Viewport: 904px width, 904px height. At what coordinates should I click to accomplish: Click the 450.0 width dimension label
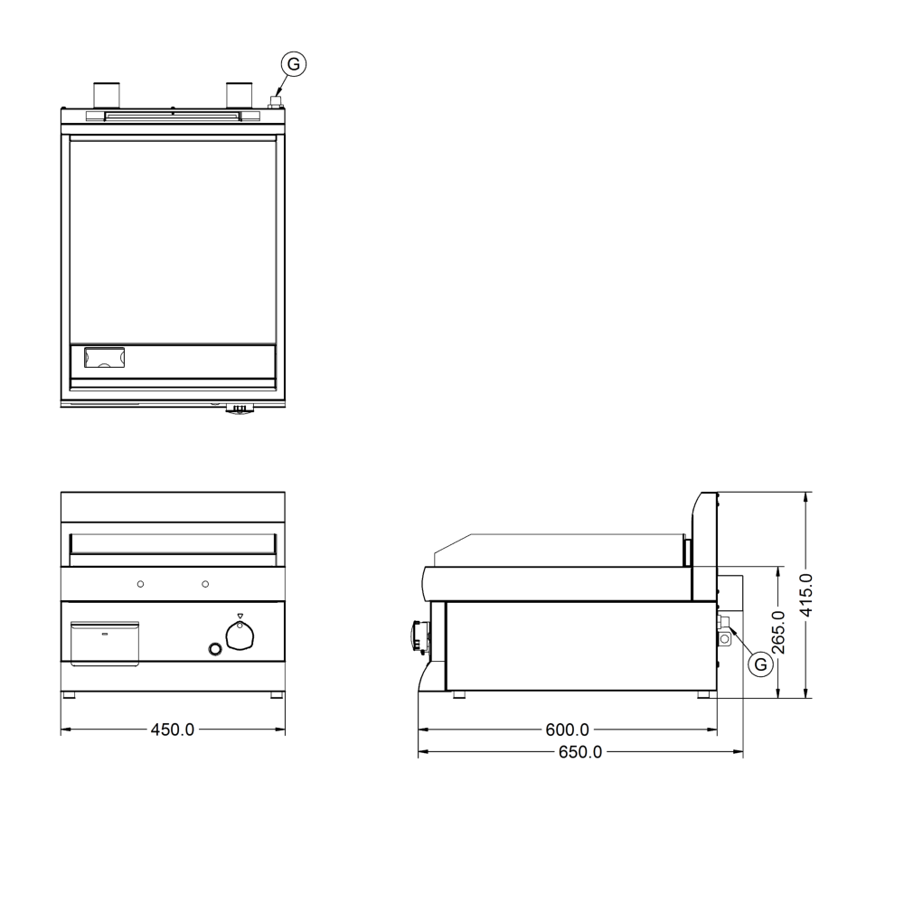(173, 730)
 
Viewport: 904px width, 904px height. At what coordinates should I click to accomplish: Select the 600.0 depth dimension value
(568, 730)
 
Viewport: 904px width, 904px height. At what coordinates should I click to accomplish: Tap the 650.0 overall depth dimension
(580, 752)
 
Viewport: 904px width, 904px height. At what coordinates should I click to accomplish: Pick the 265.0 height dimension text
(779, 632)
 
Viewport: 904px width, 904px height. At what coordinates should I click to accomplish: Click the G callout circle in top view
(294, 64)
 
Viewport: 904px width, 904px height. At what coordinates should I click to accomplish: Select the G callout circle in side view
(760, 664)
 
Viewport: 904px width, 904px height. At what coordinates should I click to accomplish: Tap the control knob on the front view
(240, 636)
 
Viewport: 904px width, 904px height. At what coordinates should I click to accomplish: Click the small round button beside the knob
(215, 649)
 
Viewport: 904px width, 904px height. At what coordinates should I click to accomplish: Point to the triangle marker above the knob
(240, 616)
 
